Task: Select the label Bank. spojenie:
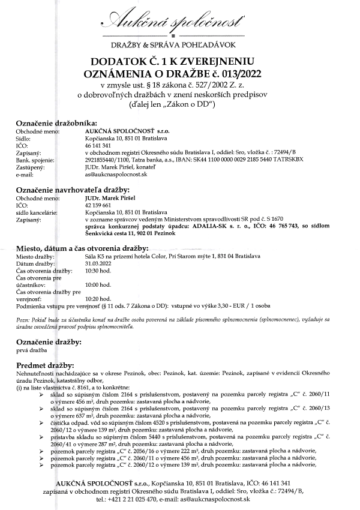coord(35,160)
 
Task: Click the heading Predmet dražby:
coord(45,365)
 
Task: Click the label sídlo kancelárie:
coord(38,212)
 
